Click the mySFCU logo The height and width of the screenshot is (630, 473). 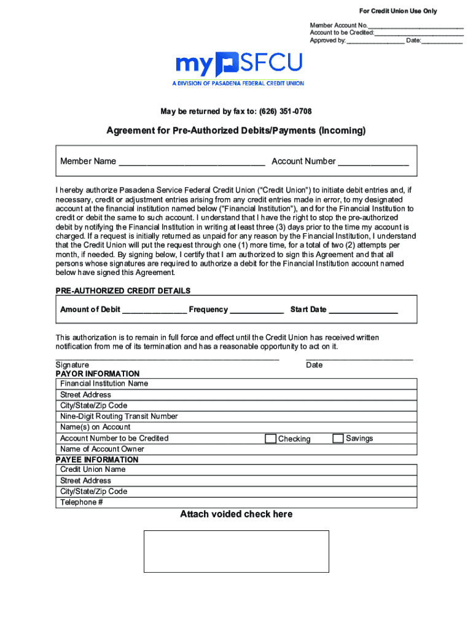[239, 66]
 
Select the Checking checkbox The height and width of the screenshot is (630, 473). [270, 439]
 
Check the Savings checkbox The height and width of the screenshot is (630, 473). [338, 439]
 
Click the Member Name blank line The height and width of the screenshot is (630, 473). [192, 162]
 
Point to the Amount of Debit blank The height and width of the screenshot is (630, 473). [154, 311]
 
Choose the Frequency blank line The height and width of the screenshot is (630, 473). [256, 311]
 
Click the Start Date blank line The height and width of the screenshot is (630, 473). [363, 311]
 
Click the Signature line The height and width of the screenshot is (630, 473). [167, 358]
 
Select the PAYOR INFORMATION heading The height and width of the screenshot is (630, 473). [98, 373]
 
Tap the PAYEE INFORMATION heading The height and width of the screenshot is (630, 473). [97, 460]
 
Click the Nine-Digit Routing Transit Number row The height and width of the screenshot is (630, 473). [237, 417]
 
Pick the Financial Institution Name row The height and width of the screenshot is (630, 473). [237, 383]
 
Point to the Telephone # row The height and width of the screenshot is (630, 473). [237, 502]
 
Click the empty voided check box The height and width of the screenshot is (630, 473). [237, 551]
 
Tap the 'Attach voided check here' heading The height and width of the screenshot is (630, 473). [237, 514]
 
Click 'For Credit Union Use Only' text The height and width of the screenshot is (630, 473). [398, 11]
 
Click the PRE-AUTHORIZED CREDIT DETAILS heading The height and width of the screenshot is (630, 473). [123, 290]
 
